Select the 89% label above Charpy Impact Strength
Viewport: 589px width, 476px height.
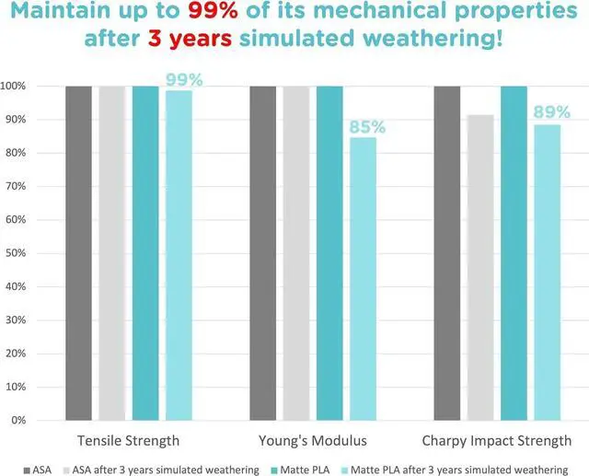point(548,112)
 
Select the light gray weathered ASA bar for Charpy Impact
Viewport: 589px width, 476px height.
point(480,267)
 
